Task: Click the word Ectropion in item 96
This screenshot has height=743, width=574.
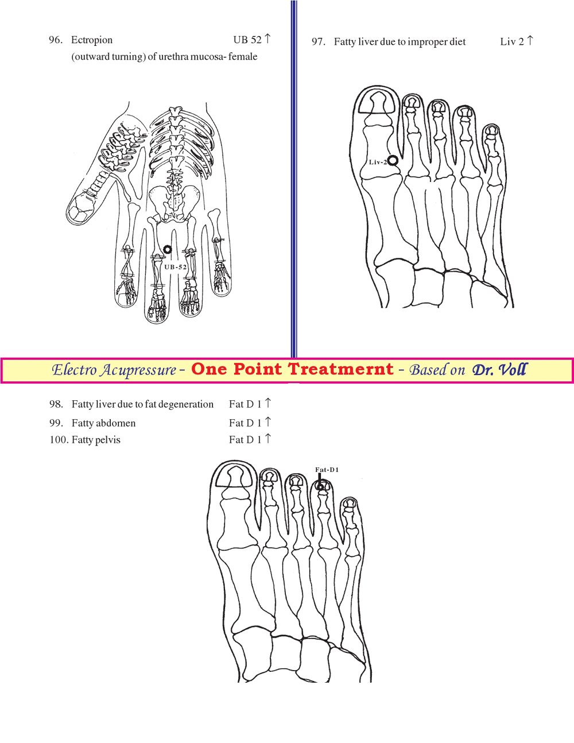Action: click(x=92, y=40)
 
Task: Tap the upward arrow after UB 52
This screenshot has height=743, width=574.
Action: click(x=268, y=38)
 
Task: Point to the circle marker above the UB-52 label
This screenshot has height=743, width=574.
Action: click(x=167, y=250)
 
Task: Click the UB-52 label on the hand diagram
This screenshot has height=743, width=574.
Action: click(x=176, y=267)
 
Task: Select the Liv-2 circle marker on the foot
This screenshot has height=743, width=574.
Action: click(x=393, y=160)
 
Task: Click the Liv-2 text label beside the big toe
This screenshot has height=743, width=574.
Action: click(x=378, y=162)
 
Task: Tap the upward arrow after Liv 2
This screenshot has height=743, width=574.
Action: click(x=530, y=40)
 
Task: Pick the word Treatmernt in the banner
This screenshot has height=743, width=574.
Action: click(x=340, y=369)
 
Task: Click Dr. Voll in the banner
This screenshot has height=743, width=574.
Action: click(x=499, y=370)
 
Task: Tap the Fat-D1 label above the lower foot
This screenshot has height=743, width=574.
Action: click(x=327, y=470)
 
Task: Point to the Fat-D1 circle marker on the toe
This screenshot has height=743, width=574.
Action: click(x=320, y=486)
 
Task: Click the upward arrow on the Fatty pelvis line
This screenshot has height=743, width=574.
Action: click(x=268, y=438)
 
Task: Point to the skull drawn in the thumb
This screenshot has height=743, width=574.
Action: click(x=82, y=210)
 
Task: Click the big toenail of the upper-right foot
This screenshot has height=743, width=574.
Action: click(x=378, y=102)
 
